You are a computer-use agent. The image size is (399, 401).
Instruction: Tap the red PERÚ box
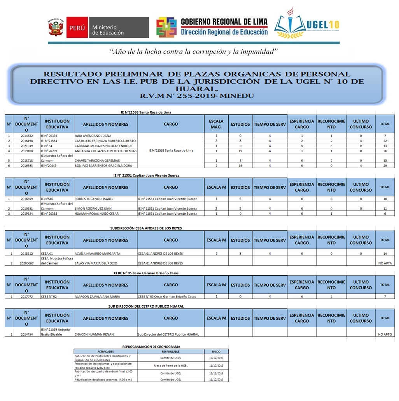point(77,28)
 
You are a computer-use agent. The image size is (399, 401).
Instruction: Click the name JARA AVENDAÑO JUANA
point(90,136)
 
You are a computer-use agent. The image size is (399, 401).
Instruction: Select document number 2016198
point(27,141)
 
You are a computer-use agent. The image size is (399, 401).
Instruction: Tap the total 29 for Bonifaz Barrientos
point(385,166)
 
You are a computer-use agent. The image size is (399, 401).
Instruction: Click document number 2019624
point(27,214)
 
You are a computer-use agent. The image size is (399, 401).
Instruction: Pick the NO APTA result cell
point(385,263)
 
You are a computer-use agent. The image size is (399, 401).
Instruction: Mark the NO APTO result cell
point(385,334)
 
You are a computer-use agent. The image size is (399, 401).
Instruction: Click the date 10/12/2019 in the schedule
point(216,358)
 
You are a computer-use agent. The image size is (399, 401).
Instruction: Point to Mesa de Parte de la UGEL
point(171,366)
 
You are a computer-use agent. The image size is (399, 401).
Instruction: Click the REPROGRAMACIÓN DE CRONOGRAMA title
point(151,346)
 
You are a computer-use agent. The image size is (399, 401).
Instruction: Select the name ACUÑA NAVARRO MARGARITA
point(97,254)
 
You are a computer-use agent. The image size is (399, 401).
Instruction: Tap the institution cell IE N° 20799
point(49,151)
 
